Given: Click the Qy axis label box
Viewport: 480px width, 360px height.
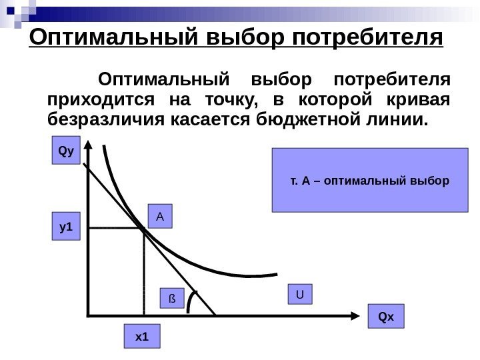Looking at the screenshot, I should click(65, 151).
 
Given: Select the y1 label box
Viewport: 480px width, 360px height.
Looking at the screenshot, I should click(65, 227).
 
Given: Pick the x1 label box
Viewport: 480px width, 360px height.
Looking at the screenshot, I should click(142, 337).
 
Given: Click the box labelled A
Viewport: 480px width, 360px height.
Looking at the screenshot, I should click(160, 217).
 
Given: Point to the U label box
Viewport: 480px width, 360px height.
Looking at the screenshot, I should click(300, 294).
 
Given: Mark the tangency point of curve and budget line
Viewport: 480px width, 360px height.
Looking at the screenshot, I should click(143, 229).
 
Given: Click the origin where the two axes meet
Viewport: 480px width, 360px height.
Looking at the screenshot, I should click(87, 313).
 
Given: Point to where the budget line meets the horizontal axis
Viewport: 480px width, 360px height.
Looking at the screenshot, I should click(215, 313).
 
